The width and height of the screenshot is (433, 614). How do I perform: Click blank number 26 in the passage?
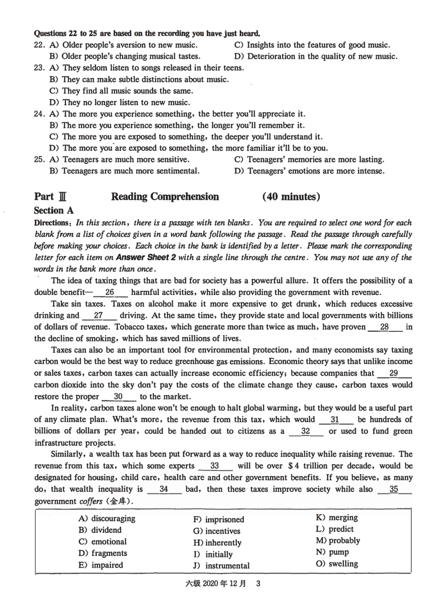110,293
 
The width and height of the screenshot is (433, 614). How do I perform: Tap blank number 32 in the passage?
306,431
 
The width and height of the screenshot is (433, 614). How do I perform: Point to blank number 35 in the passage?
394,489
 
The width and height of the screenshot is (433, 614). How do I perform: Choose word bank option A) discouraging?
107,519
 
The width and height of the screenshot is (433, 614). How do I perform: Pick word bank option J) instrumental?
222,566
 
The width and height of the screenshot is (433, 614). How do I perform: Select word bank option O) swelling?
337,564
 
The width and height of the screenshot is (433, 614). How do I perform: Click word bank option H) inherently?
217,543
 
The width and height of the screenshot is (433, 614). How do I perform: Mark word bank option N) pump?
332,552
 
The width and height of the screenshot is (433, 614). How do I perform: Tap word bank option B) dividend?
100,530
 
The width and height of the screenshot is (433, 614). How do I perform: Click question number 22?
39,45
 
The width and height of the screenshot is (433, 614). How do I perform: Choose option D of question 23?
120,102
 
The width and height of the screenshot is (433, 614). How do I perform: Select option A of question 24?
177,114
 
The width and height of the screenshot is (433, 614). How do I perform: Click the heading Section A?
54,210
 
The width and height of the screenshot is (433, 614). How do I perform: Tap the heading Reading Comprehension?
165,197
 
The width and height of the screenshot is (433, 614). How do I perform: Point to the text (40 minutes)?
291,197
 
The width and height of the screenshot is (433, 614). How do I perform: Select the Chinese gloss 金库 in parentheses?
120,501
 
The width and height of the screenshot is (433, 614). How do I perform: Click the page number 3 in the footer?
258,583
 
